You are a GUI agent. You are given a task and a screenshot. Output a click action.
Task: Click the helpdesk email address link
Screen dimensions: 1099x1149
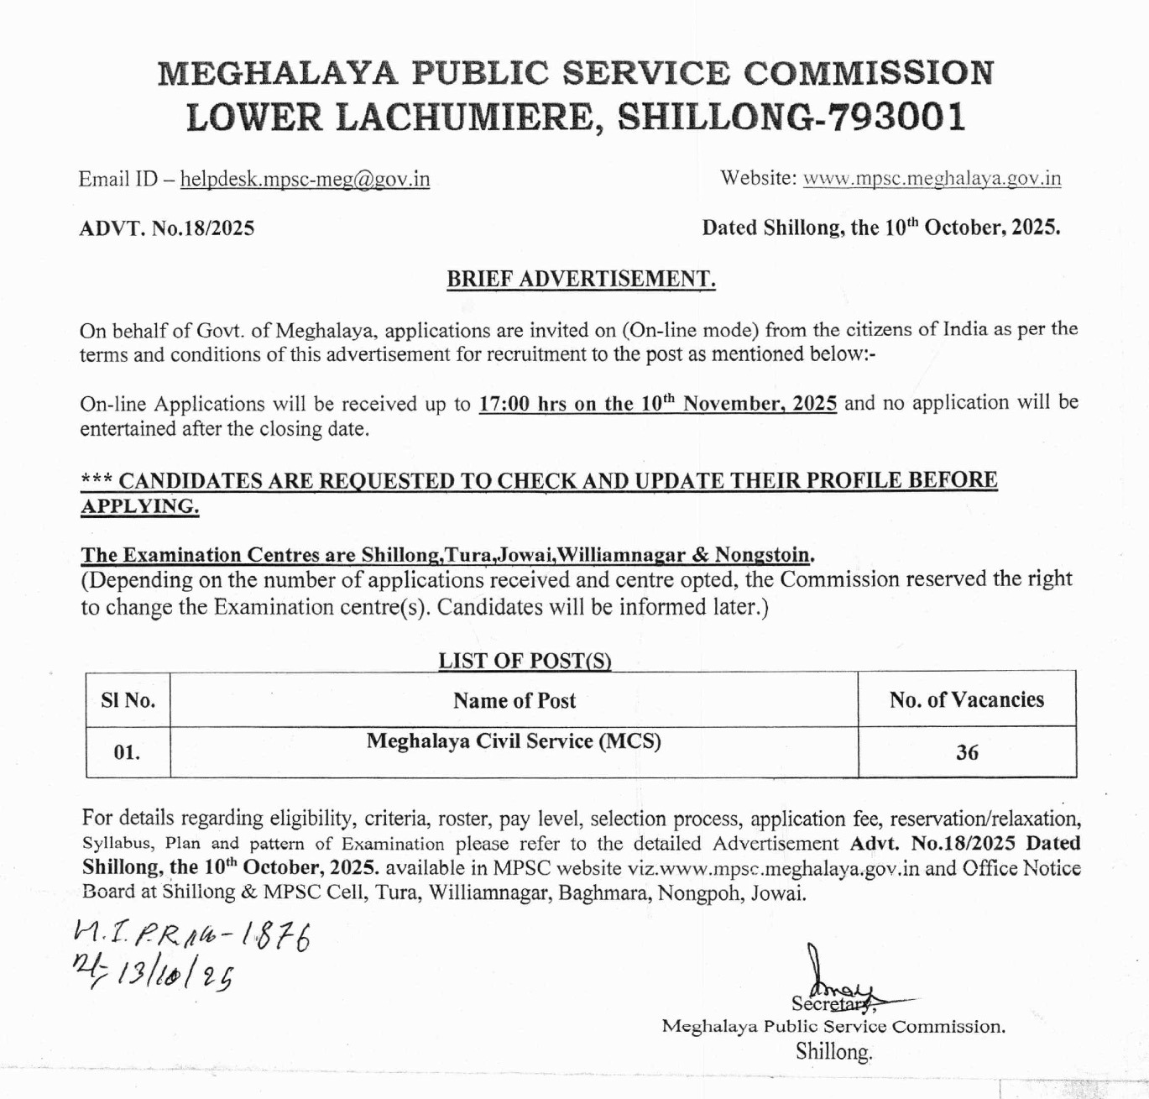click(x=305, y=180)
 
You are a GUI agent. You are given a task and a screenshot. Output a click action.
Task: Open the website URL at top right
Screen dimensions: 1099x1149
click(x=932, y=178)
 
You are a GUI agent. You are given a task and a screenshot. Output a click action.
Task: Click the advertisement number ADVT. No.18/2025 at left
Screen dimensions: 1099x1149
click(x=166, y=228)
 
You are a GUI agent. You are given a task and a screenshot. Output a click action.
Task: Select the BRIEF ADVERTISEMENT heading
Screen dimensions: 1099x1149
click(x=581, y=279)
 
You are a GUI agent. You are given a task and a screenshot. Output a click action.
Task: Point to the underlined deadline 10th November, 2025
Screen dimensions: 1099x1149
click(x=739, y=404)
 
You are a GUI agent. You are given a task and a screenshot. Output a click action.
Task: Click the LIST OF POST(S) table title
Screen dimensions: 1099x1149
click(x=525, y=661)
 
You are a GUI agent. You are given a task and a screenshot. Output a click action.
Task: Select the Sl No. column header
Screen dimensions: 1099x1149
click(x=128, y=700)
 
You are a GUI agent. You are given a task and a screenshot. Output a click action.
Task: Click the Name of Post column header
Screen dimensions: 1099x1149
click(x=514, y=700)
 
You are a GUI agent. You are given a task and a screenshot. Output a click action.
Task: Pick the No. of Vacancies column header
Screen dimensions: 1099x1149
click(x=966, y=700)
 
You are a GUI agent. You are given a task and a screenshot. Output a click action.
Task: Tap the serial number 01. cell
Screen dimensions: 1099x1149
click(x=128, y=752)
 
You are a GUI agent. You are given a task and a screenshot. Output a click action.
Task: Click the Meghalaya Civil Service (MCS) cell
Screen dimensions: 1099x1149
click(x=514, y=741)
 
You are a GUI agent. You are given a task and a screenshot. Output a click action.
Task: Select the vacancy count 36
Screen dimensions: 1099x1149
click(x=967, y=752)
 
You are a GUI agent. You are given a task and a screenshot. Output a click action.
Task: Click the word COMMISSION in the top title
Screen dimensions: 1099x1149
click(x=869, y=73)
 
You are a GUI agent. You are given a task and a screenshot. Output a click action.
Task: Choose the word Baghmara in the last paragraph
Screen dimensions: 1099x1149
click(x=604, y=893)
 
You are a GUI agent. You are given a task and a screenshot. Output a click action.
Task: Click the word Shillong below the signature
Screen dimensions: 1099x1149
click(x=833, y=1051)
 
